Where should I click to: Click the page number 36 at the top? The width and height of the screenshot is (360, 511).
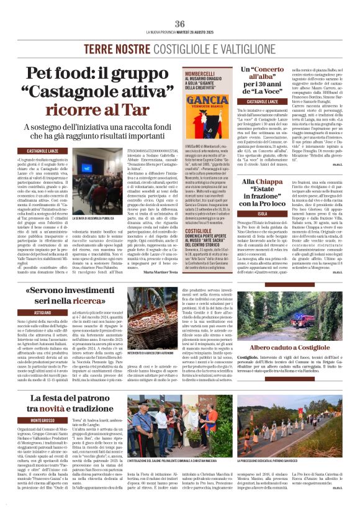pyautogui.click(x=180, y=24)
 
